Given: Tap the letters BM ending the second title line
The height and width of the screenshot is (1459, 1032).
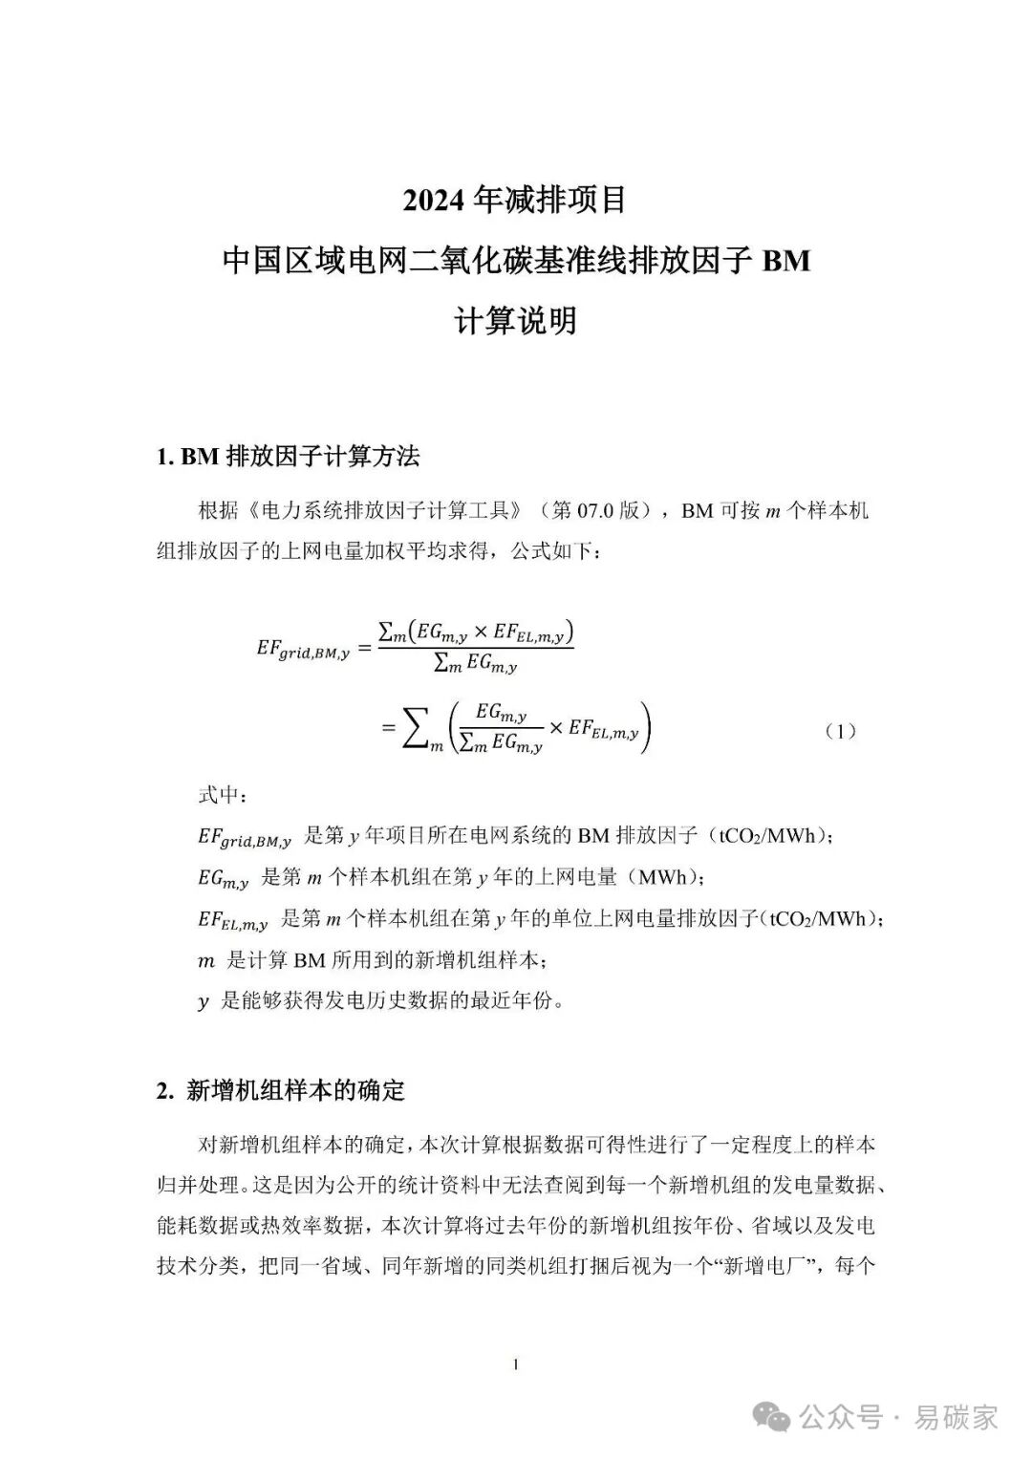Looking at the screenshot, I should click(x=785, y=261).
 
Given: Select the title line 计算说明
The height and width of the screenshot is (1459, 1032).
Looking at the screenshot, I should click(x=515, y=321).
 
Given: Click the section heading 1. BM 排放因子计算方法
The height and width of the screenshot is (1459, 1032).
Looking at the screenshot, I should click(x=288, y=457).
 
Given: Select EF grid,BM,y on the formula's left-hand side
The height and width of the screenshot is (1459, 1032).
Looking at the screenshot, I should click(x=303, y=650).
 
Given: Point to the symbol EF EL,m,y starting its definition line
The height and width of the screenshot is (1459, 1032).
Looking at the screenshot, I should click(x=232, y=920).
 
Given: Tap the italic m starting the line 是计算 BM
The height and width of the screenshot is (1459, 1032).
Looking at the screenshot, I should click(x=206, y=961).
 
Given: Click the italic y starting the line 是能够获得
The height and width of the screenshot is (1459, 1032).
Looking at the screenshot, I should click(x=204, y=1002).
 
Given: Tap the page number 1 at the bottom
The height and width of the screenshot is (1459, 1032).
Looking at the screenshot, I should click(x=516, y=1365).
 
